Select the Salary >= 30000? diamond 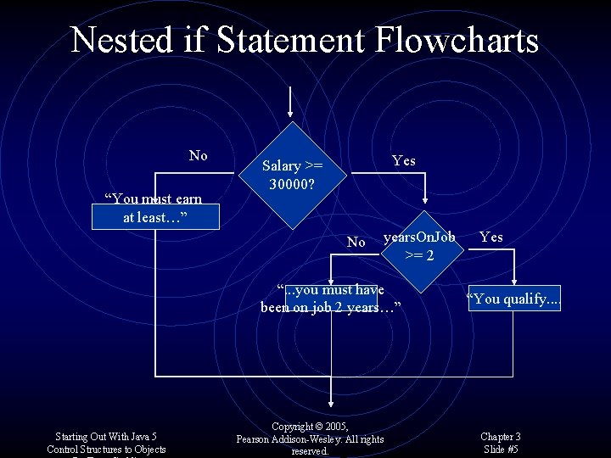click(292, 175)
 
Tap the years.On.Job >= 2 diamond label click(419, 244)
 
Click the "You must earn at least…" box click(154, 209)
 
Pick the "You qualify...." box click(514, 299)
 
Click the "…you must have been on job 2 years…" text click(330, 299)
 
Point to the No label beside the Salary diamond click(198, 155)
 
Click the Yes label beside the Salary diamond click(403, 161)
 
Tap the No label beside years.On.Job click(356, 243)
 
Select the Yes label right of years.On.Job click(490, 237)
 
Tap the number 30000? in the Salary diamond click(293, 183)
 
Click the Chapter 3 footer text click(501, 437)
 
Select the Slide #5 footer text click(501, 450)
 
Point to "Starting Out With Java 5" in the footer click(106, 437)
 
